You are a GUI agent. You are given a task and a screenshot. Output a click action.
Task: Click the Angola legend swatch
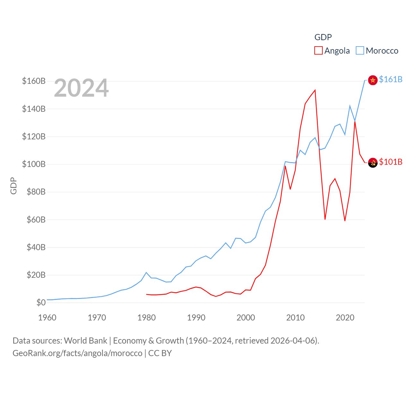coord(318,51)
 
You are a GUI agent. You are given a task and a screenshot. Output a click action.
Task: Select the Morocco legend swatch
coord(360,51)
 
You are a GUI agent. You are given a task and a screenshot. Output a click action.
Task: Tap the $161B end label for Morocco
coord(390,79)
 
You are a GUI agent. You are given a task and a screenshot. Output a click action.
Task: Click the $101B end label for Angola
coord(390,162)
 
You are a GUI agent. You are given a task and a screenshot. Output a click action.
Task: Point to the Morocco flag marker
coord(372,80)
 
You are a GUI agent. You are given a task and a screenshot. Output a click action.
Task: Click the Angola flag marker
coord(372,163)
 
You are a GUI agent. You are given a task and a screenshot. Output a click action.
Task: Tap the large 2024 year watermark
coord(81,88)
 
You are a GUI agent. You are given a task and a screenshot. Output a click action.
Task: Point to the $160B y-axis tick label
coord(34,81)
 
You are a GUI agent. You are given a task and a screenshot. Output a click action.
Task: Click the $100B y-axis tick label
coord(34,164)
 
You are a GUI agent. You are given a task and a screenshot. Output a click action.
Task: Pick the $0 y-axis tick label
coord(41,302)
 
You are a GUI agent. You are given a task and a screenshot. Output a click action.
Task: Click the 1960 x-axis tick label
coord(47,318)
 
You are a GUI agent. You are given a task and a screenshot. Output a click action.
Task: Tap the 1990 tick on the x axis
coord(196,318)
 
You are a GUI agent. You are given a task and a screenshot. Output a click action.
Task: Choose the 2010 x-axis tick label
coord(295,318)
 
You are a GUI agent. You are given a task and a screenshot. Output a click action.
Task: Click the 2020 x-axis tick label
coord(345,318)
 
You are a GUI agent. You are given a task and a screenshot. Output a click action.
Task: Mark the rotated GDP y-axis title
coord(13,186)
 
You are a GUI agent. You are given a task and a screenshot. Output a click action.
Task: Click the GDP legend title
coord(323,37)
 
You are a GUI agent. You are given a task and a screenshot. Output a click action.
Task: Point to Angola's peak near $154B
coord(315,90)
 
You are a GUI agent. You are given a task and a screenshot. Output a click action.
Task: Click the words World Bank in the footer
coord(85,341)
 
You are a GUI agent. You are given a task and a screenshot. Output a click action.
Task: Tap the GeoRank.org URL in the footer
coord(77,353)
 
